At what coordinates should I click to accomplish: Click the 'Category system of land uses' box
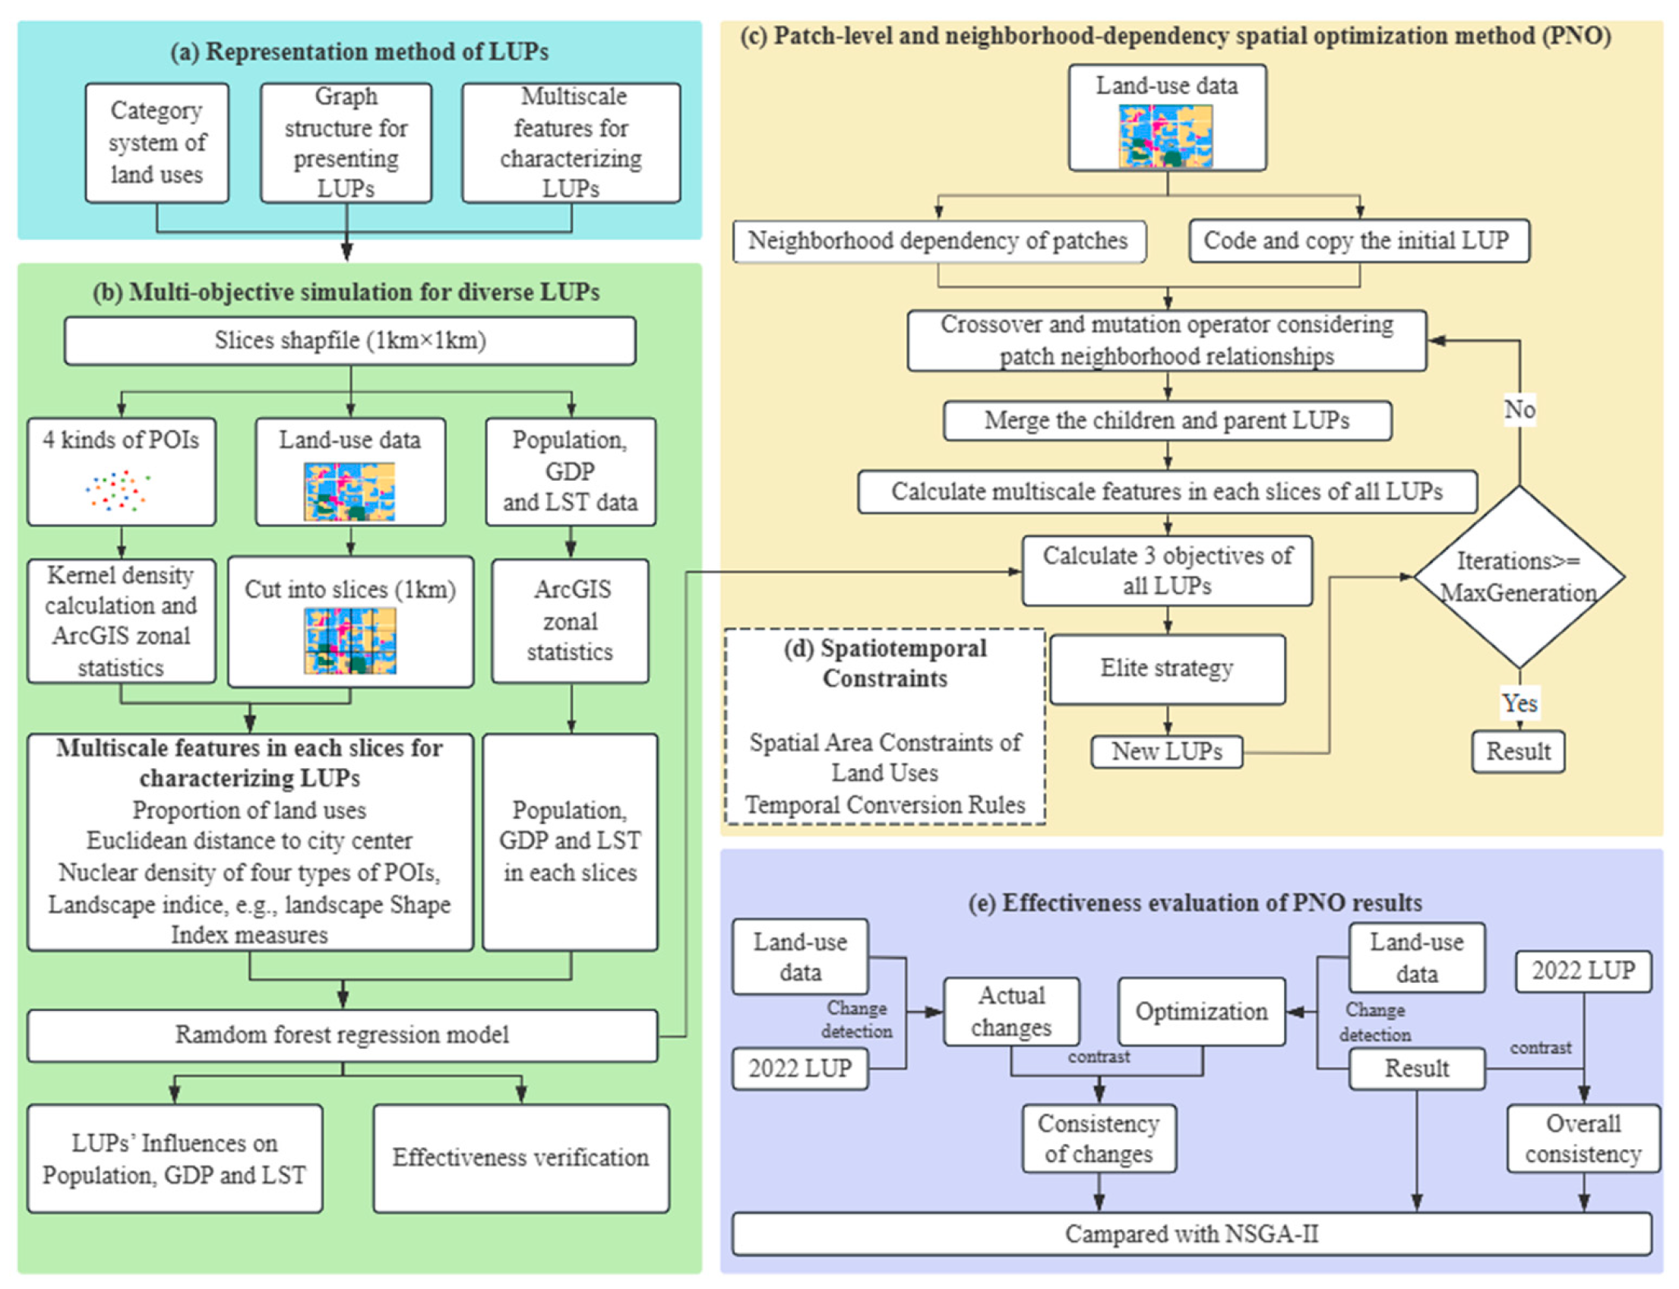157,143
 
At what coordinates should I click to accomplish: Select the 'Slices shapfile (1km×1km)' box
350,340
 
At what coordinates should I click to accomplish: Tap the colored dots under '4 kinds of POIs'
118,491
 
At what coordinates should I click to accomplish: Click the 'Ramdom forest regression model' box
342,1035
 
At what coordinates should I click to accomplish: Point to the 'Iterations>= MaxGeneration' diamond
1518,577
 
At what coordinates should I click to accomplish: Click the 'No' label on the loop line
1519,409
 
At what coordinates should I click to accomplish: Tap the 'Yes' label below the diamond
1519,703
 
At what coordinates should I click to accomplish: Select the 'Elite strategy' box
1166,668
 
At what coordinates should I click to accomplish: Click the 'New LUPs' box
1166,751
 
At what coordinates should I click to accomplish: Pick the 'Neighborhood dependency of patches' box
938,241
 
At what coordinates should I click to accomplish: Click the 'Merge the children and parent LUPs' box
1166,421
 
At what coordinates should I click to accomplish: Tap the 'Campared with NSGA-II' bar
1191,1234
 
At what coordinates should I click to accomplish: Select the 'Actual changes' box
1010,1011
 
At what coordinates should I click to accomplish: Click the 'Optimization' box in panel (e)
1201,1011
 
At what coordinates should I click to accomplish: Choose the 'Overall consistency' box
1583,1139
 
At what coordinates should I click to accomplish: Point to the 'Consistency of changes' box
1098,1139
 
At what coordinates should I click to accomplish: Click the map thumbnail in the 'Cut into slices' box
350,640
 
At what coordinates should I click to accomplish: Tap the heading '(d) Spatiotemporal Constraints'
885,663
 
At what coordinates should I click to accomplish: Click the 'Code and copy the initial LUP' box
1358,241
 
